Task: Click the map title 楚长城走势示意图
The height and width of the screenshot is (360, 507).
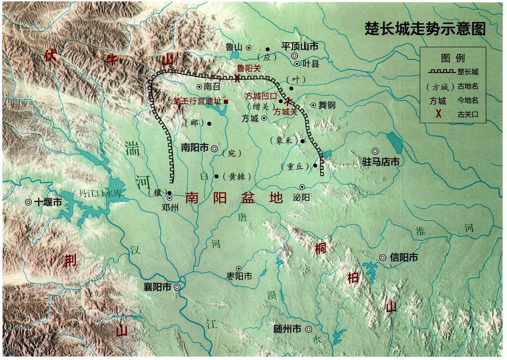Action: [425, 29]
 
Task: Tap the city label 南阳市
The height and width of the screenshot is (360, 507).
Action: [194, 148]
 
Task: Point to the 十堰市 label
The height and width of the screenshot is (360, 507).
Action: [48, 202]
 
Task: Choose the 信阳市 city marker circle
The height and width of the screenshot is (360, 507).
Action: [383, 257]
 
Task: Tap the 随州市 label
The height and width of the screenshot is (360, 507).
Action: [287, 329]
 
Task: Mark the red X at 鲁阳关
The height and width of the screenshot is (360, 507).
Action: [237, 78]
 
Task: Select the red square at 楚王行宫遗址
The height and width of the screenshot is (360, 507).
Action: [226, 101]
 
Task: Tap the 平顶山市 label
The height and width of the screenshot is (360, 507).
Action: [300, 46]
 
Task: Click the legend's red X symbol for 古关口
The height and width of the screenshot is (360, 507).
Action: [438, 114]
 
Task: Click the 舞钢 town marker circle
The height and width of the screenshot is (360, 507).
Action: [313, 105]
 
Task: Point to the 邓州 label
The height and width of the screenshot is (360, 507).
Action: [170, 207]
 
